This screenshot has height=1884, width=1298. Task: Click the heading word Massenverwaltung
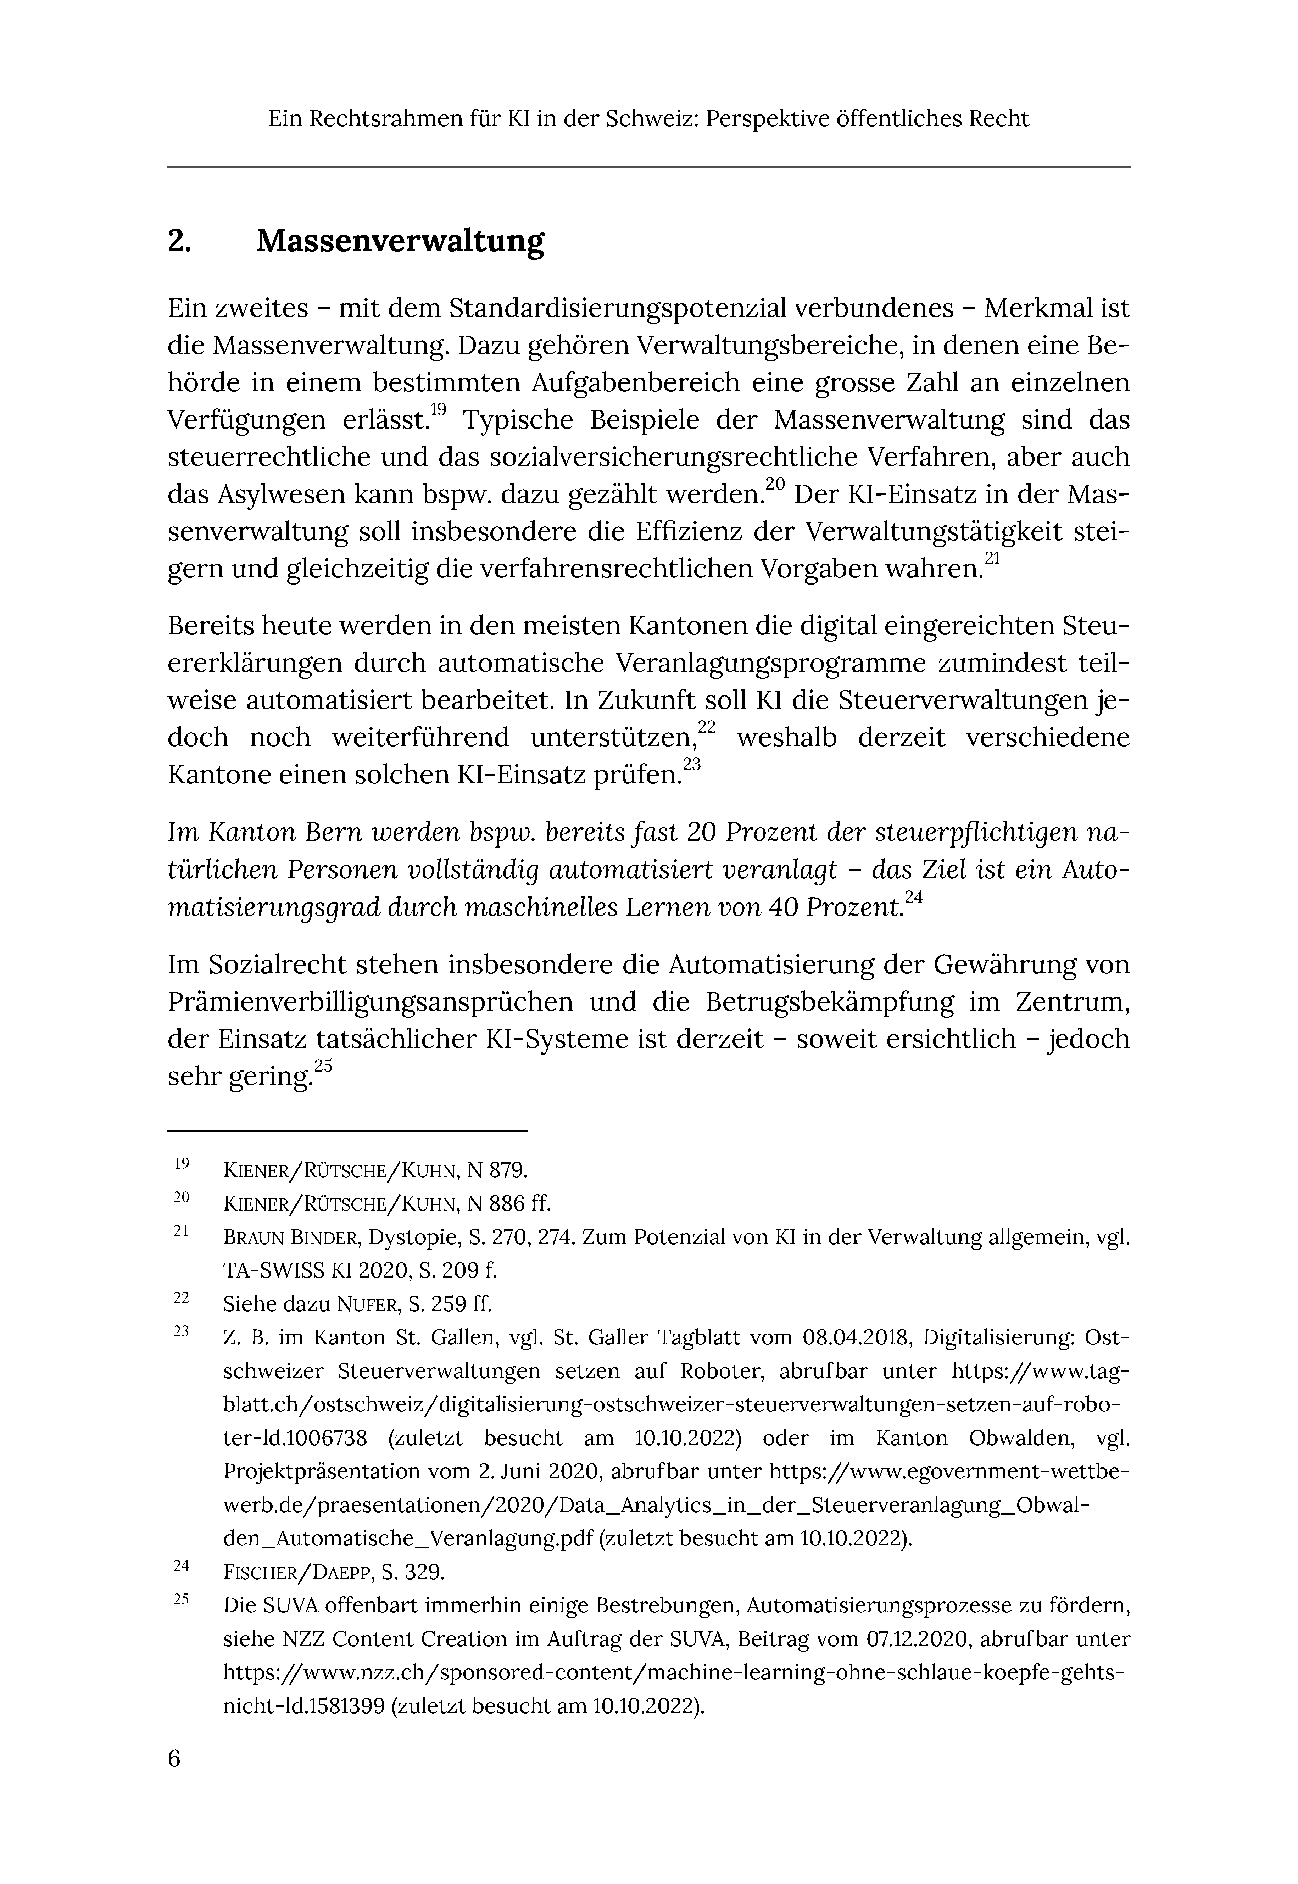click(x=400, y=241)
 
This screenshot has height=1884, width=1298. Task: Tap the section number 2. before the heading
click(x=179, y=241)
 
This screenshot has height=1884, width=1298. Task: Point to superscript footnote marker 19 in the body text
click(x=438, y=410)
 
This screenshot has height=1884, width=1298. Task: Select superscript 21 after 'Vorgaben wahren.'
click(x=992, y=559)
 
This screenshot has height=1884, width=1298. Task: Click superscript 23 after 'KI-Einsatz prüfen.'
click(x=691, y=764)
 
